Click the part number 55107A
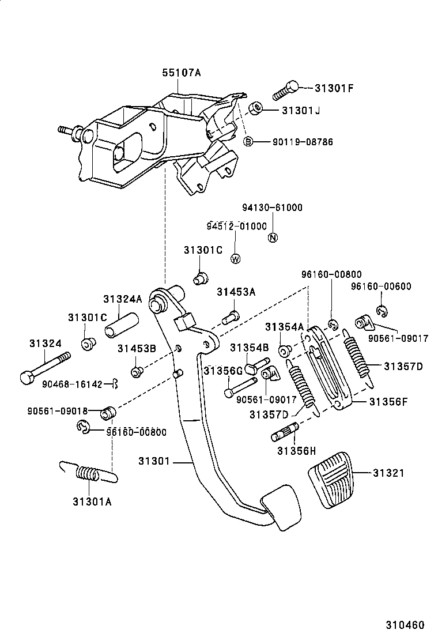click(181, 73)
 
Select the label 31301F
click(334, 88)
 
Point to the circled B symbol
click(248, 141)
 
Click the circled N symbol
click(273, 237)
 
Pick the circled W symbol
click(235, 259)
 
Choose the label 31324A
click(122, 299)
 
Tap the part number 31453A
click(236, 292)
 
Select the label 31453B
click(137, 348)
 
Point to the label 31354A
click(284, 327)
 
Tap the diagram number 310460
click(405, 624)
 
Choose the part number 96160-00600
click(381, 286)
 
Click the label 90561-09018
click(57, 411)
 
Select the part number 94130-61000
click(272, 208)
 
